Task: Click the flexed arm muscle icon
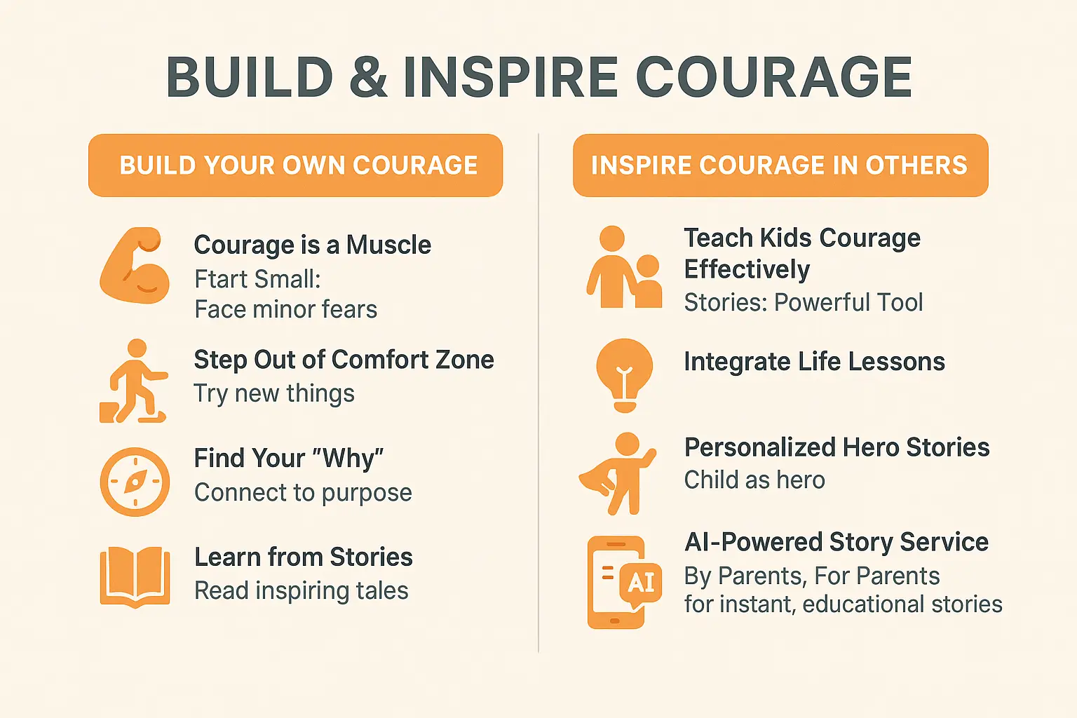pos(135,266)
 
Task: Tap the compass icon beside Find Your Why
pos(135,482)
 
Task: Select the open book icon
pos(135,576)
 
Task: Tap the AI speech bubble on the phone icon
pos(641,582)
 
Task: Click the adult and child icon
pos(623,269)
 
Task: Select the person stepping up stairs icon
pos(133,382)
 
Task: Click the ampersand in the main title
pos(367,76)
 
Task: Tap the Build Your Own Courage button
pos(295,165)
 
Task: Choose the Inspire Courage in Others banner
pos(780,165)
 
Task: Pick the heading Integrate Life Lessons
pos(814,362)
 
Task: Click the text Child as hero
pos(754,480)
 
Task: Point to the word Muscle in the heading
pos(388,245)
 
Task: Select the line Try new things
pos(274,393)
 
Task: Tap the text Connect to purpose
pos(303,493)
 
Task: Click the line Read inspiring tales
pos(301,591)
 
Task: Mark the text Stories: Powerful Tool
pos(803,303)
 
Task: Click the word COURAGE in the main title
pos(773,76)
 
